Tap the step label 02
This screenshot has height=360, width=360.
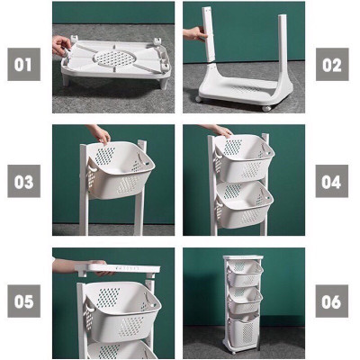pos(331,64)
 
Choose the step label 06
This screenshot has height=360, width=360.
pos(331,301)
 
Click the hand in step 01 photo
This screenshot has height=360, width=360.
pos(61,45)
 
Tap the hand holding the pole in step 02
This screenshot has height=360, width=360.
pos(194,34)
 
